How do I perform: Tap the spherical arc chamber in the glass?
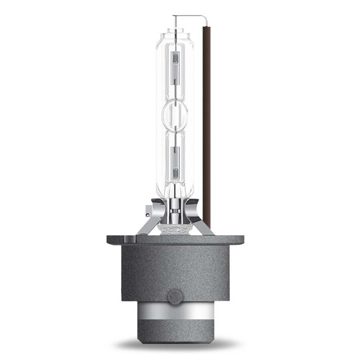tap(175, 114)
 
